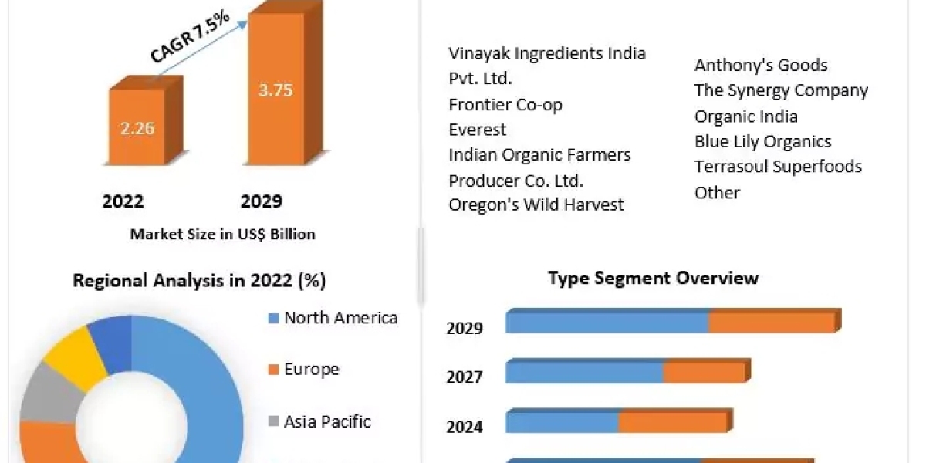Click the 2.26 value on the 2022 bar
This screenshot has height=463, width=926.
point(137,128)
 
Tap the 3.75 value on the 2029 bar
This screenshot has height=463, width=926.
point(275,90)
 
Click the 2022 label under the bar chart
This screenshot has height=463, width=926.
point(123,202)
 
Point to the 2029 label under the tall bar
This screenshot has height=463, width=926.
point(262,202)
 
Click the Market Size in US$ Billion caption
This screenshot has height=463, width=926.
point(222,234)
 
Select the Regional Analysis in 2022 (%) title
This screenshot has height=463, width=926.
point(199,281)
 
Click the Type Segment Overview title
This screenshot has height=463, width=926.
point(653,278)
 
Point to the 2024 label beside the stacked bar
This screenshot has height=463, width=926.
point(465,426)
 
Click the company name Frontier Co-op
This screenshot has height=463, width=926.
point(505,104)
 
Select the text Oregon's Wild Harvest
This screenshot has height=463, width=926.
point(536,204)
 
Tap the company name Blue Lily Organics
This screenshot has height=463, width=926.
point(762,141)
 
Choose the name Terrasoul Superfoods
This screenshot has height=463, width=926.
point(778,167)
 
